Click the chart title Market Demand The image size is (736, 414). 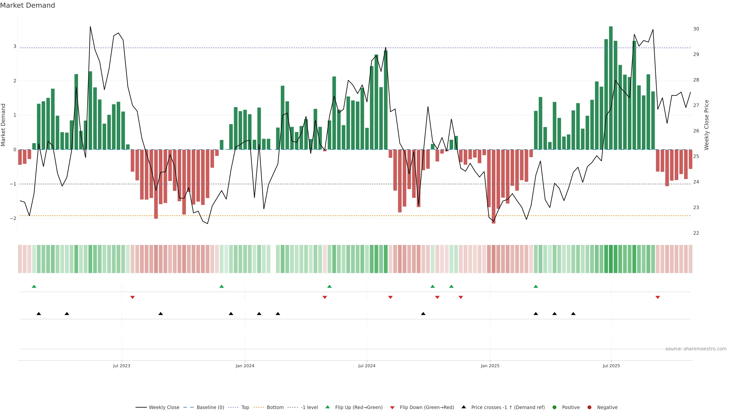click(27, 5)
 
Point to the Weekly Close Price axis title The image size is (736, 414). click(706, 125)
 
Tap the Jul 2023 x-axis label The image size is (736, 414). click(122, 366)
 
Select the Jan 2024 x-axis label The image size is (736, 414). click(245, 366)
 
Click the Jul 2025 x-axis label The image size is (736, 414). click(611, 366)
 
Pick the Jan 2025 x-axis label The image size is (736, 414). click(490, 366)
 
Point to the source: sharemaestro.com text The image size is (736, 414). click(696, 349)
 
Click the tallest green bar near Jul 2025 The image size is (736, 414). click(611, 86)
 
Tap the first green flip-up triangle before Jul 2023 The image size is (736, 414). click(34, 286)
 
